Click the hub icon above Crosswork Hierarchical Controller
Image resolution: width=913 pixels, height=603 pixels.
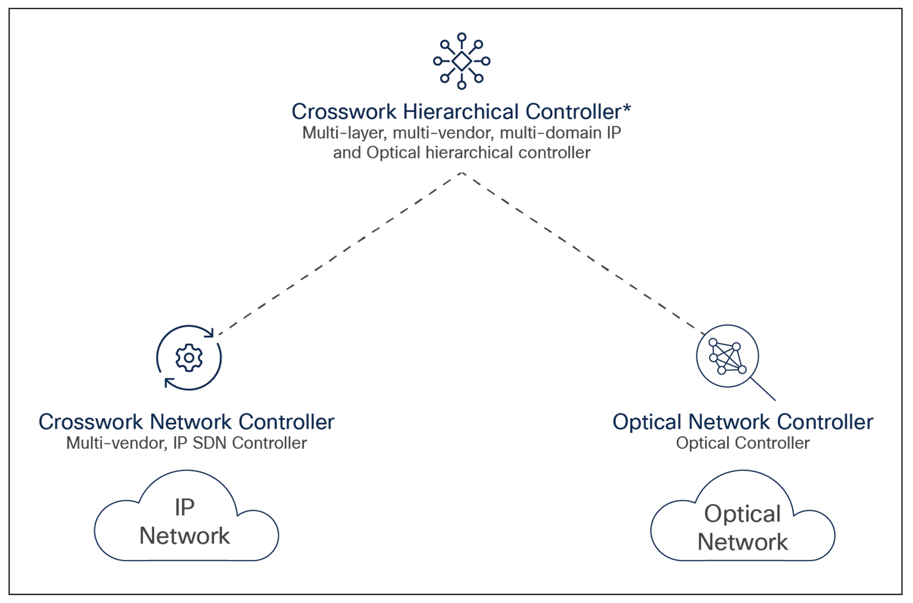tap(462, 61)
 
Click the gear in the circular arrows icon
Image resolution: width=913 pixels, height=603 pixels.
tap(189, 358)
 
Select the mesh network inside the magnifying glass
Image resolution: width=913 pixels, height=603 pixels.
tap(727, 356)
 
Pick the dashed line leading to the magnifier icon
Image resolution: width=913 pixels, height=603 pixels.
tap(584, 255)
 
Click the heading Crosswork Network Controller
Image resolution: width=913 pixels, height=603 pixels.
tap(186, 422)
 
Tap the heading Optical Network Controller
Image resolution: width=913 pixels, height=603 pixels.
tap(742, 422)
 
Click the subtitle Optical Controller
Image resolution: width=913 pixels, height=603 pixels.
tap(742, 443)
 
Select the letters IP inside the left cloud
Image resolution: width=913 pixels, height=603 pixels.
tap(184, 507)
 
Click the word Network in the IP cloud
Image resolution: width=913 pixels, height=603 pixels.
tap(185, 536)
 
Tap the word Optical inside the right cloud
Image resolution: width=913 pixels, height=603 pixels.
tap(742, 515)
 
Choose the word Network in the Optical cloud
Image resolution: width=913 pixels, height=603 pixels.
tap(743, 543)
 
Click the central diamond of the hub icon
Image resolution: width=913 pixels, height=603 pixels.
tap(462, 61)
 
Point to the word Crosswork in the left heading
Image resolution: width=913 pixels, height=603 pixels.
tap(91, 422)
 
